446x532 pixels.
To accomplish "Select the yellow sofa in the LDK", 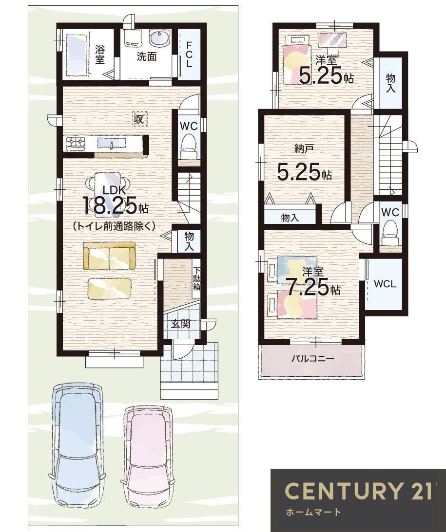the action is click(109, 256).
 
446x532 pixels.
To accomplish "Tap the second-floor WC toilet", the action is click(390, 232).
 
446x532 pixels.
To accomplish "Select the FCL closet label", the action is click(189, 54).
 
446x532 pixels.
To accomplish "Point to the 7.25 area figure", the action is click(308, 287).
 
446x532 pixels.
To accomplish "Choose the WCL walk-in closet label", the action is click(385, 284).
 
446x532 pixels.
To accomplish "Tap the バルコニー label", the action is click(312, 358).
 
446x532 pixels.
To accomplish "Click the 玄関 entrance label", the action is click(180, 324).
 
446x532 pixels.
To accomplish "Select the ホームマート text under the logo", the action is click(313, 512).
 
